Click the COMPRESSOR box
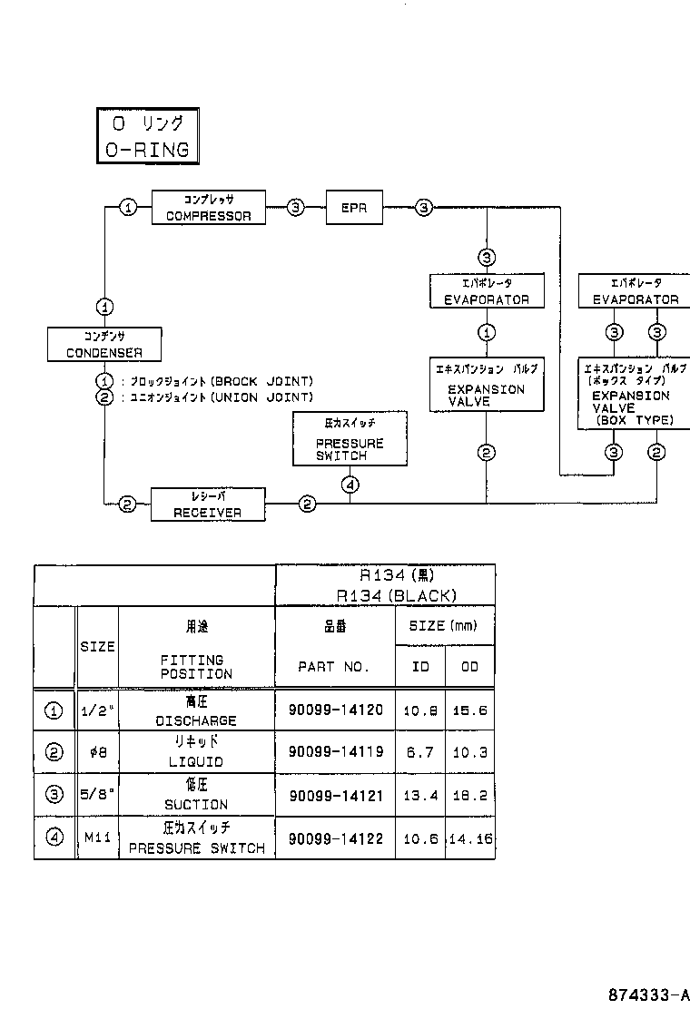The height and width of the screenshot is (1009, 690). click(x=208, y=208)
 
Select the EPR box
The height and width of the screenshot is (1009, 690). click(x=354, y=208)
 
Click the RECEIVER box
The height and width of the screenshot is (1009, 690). click(x=208, y=504)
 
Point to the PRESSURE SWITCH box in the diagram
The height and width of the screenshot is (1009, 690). click(x=350, y=438)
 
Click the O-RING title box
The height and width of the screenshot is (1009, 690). click(x=147, y=137)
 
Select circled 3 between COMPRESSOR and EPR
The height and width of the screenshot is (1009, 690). click(x=296, y=208)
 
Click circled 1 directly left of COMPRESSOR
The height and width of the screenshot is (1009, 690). click(x=129, y=208)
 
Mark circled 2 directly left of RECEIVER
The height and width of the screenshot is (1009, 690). click(x=128, y=504)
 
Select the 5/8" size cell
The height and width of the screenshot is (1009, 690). click(x=97, y=795)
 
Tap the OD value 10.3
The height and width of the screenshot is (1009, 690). click(x=469, y=752)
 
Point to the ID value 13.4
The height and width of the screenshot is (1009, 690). click(x=420, y=796)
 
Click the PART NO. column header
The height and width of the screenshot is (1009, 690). click(x=334, y=667)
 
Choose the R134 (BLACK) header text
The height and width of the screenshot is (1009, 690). click(x=396, y=596)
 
